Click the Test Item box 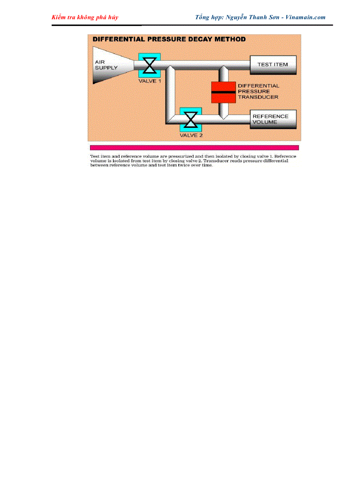tap(273, 65)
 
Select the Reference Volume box tap(273, 119)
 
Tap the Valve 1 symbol tap(150, 65)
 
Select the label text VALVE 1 tap(150, 82)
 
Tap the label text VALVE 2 tap(191, 135)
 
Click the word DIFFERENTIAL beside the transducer tap(259, 86)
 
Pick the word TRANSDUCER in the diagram tap(258, 97)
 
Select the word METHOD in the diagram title tap(230, 39)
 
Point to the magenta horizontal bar tap(194, 148)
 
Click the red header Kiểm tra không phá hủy tap(85, 17)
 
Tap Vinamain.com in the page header tap(305, 17)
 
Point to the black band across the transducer tap(224, 92)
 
